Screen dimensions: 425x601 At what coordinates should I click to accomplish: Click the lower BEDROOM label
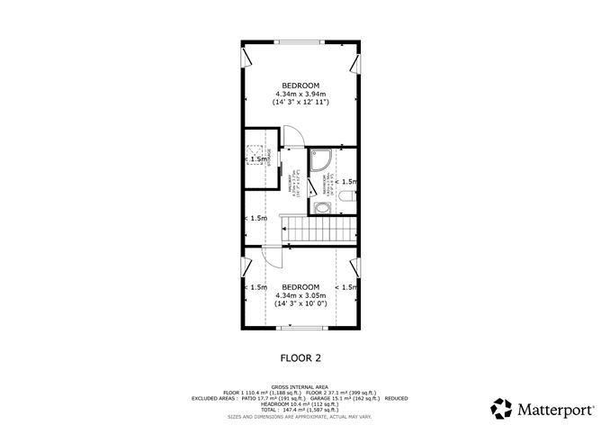point(300,286)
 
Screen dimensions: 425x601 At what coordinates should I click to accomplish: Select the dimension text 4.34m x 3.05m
point(300,295)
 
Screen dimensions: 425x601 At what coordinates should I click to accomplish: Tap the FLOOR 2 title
point(300,357)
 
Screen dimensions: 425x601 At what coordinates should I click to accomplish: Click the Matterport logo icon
point(501,404)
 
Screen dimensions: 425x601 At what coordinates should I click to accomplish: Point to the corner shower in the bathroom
point(322,161)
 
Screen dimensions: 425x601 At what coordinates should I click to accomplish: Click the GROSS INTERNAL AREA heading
point(300,385)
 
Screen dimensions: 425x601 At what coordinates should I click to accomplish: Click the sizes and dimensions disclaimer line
point(300,417)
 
